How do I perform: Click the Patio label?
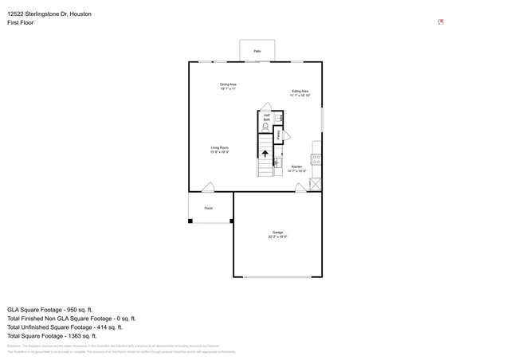[x=257, y=51]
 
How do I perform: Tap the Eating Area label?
[x=300, y=93]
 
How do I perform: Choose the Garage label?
[x=277, y=234]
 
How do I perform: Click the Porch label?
[x=208, y=208]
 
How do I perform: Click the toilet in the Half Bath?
[x=266, y=126]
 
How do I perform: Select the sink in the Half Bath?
[x=279, y=118]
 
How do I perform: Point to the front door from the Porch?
[x=207, y=188]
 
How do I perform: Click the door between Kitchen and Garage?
[x=301, y=188]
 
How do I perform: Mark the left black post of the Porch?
[x=190, y=221]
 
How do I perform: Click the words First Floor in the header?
[x=21, y=23]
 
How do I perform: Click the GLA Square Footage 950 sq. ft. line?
[x=50, y=308]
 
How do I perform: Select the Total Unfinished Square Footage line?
[x=65, y=327]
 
